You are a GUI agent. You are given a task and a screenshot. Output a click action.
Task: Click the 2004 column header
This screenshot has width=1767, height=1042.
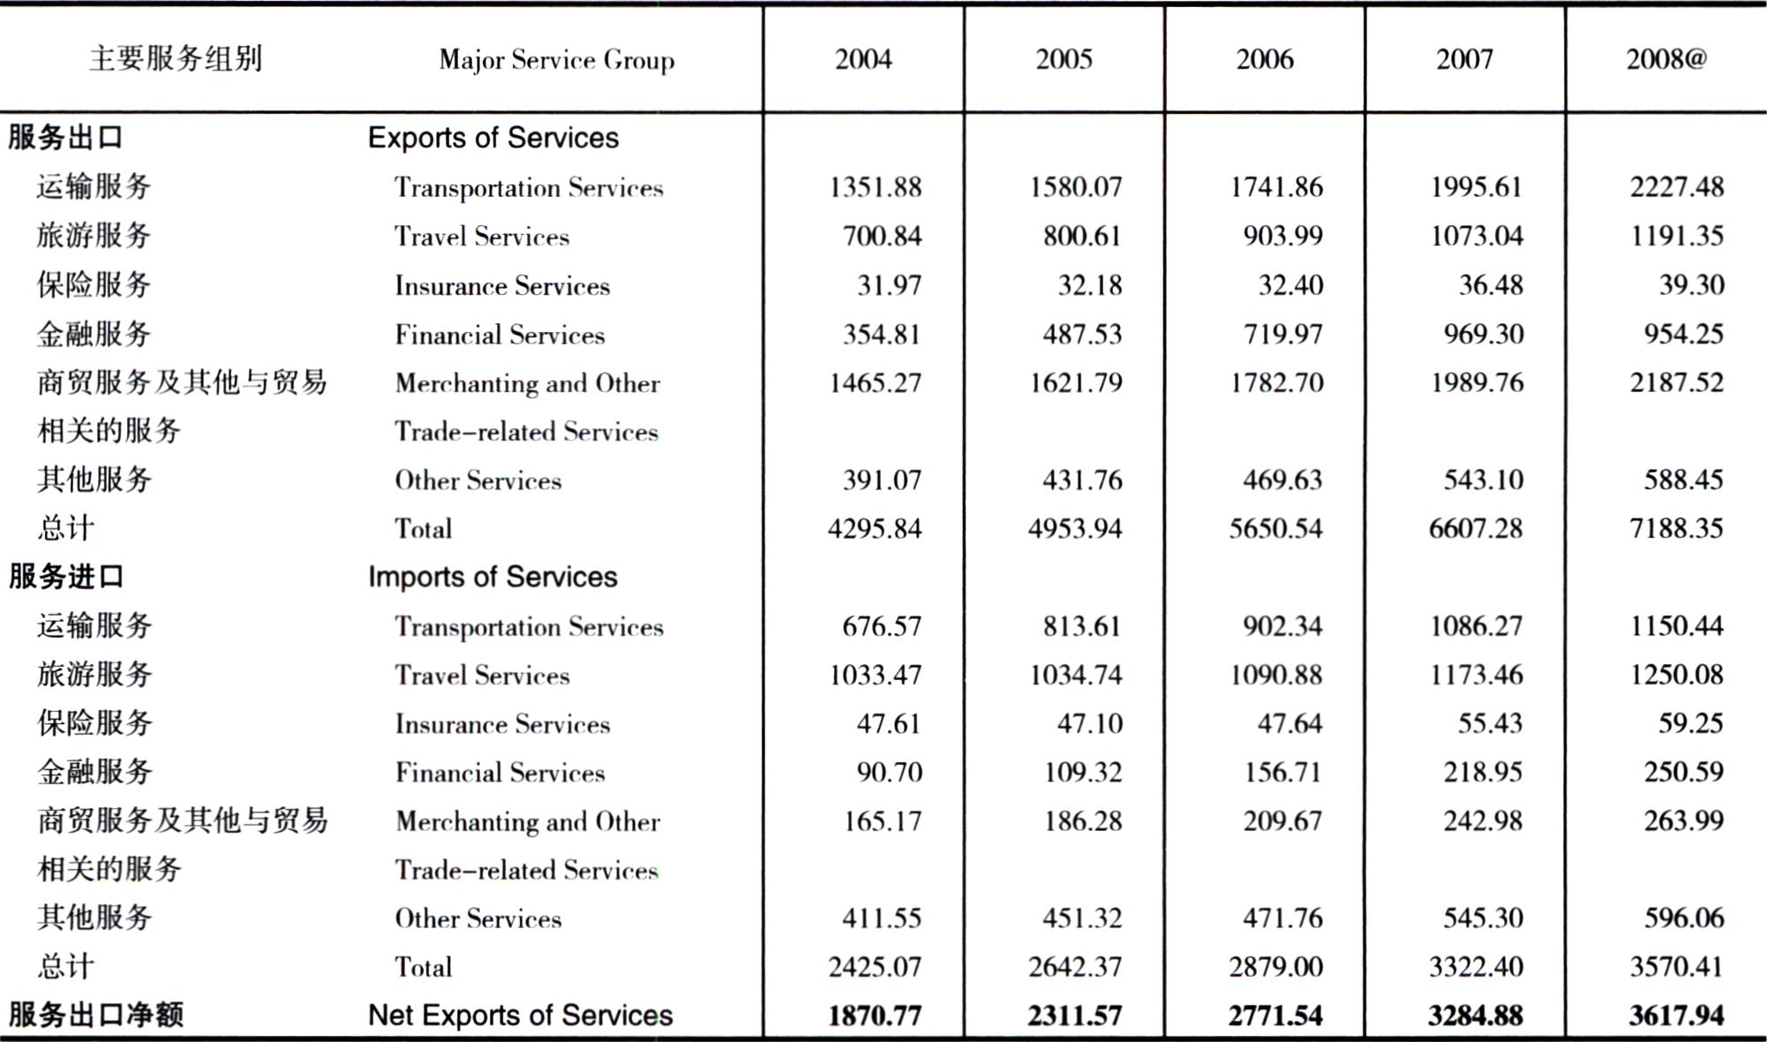click(x=863, y=59)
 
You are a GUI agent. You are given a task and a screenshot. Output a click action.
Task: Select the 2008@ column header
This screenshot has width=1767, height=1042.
click(x=1666, y=59)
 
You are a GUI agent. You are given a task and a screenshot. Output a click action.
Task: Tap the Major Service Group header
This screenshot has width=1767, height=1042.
click(x=557, y=60)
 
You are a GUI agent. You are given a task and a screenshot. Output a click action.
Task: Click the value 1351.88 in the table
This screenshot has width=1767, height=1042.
click(x=876, y=187)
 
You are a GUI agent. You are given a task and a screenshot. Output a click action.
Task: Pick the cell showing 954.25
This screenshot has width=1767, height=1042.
click(x=1683, y=334)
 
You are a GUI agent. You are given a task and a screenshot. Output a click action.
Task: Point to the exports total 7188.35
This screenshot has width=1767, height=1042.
click(x=1676, y=528)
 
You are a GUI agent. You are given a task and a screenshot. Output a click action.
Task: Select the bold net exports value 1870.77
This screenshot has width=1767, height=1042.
click(x=875, y=1016)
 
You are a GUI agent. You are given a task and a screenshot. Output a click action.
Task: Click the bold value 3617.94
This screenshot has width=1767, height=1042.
click(x=1676, y=1016)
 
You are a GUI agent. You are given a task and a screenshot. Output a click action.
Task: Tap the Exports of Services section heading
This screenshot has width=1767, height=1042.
click(x=493, y=138)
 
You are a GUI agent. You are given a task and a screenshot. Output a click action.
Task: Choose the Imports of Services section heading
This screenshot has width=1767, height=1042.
click(x=493, y=577)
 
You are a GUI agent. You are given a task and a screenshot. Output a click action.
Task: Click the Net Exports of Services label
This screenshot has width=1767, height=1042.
click(x=520, y=1016)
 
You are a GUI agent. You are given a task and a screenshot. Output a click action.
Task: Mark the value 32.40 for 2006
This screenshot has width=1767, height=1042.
click(x=1290, y=285)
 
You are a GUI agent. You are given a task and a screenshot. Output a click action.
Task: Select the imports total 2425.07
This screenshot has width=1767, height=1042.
click(x=875, y=967)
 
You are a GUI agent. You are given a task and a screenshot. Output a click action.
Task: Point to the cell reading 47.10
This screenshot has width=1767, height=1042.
click(x=1090, y=723)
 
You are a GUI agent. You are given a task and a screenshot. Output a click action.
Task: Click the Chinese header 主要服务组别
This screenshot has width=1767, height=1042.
click(x=176, y=59)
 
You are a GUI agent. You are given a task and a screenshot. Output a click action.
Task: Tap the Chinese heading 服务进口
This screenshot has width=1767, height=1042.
click(x=66, y=577)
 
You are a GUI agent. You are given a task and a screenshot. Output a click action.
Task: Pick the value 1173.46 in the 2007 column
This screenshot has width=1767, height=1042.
click(x=1477, y=675)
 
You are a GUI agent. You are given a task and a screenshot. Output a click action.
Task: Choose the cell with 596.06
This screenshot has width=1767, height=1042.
click(x=1683, y=918)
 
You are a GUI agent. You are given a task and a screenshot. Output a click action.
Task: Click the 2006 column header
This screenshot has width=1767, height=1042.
click(x=1265, y=59)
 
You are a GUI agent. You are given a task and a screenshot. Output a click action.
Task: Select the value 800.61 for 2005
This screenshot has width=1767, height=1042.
click(x=1082, y=236)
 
